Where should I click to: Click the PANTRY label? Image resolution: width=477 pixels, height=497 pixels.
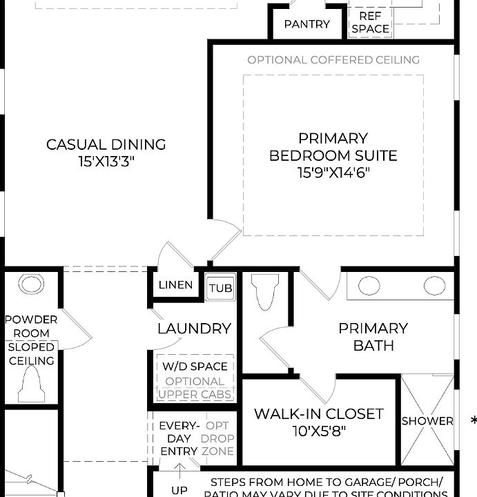point(307,24)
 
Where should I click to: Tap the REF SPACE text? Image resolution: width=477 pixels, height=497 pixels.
point(370,22)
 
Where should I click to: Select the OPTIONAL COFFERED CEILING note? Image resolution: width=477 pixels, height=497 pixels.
point(333,60)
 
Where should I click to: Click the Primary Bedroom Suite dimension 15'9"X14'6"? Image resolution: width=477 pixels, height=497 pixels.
point(333,173)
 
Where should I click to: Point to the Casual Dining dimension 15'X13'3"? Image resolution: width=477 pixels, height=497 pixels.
point(106,162)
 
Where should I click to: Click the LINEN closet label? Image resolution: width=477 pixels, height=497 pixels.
point(175,285)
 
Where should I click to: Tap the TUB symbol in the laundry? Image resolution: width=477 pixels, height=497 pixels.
point(221,288)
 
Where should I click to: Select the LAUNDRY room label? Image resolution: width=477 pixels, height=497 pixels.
point(194,329)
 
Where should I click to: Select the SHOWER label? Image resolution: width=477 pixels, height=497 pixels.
point(427,420)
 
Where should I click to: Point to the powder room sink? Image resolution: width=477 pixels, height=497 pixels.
point(31,284)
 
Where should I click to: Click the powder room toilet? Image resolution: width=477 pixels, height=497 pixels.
point(31,385)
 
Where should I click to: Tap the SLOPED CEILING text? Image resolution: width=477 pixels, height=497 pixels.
point(31,354)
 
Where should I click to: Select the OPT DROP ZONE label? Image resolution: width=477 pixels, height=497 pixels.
point(217,438)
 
